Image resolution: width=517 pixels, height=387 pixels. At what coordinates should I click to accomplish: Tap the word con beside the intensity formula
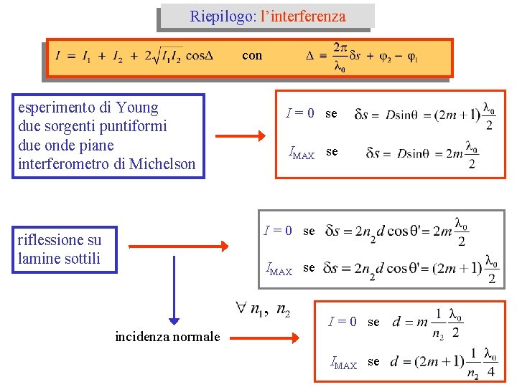(252, 55)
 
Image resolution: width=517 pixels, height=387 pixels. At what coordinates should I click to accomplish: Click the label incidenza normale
(167, 336)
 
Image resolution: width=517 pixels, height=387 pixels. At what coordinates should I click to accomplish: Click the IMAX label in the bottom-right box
(343, 363)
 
